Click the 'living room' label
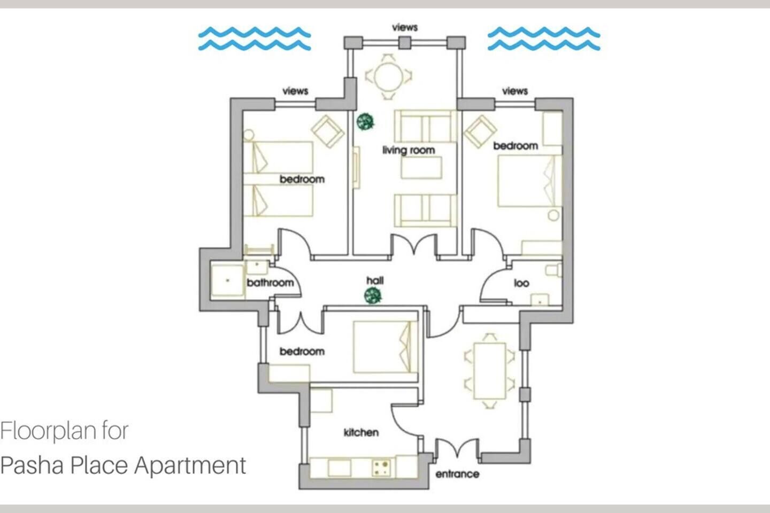[409, 151]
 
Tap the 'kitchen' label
[361, 432]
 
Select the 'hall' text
[375, 281]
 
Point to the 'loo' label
[521, 283]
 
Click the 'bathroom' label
[270, 283]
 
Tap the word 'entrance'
[457, 474]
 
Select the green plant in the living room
[365, 122]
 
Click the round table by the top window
[388, 76]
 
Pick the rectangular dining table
[489, 371]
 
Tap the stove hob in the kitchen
[382, 468]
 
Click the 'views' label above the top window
[405, 27]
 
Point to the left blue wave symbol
[255, 39]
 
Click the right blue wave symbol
[544, 39]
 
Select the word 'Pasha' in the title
[33, 465]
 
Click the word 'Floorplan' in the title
[48, 431]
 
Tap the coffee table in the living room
[421, 168]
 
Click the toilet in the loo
[553, 270]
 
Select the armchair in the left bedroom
[328, 131]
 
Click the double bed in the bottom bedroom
[385, 347]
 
